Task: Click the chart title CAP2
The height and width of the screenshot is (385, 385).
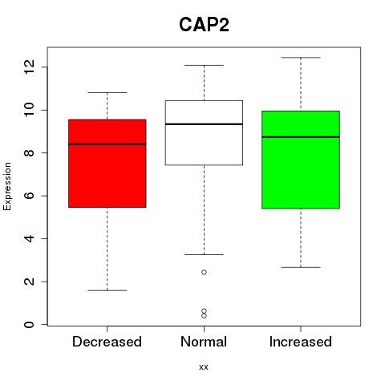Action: point(204,25)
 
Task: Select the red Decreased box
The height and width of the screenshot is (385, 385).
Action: point(107,164)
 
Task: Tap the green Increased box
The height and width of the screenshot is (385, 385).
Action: point(301,160)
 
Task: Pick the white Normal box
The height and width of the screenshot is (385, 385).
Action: point(204,132)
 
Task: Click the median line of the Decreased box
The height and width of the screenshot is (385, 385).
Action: point(107,144)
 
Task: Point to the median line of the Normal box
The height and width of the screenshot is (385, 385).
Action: point(204,124)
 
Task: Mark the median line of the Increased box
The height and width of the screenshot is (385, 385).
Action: point(301,137)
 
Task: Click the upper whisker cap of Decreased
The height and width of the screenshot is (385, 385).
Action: point(107,92)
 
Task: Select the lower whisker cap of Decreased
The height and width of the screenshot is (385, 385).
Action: point(107,290)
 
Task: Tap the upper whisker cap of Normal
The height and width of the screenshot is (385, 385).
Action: point(204,65)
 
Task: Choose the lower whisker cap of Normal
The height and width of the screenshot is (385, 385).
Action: point(204,254)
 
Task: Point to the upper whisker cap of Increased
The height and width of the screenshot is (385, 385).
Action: point(301,58)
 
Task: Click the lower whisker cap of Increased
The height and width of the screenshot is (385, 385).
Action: point(301,267)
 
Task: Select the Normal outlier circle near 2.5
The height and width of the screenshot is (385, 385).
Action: point(204,272)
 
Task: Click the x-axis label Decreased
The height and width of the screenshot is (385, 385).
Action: point(107,342)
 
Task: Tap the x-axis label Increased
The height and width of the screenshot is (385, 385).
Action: point(301,342)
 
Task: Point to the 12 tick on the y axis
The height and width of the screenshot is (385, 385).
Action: point(45,67)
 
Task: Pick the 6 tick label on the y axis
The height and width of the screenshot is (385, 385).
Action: point(30,196)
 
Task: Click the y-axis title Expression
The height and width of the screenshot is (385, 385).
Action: point(7,187)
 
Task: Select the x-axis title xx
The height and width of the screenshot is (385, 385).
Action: point(204,367)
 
